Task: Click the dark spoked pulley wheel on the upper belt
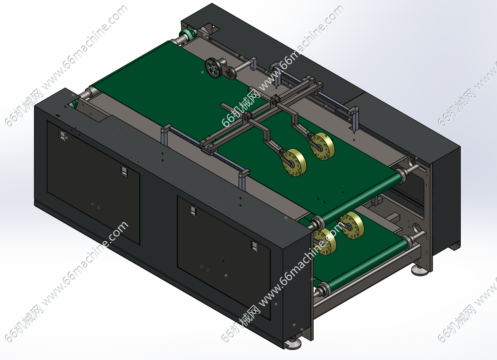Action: [213, 68]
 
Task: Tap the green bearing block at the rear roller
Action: [189, 33]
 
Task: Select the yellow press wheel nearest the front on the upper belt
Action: [294, 162]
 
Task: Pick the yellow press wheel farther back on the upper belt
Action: [322, 146]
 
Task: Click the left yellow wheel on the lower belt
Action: [325, 242]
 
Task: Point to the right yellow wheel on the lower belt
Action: [353, 225]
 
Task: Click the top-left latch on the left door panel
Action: [62, 135]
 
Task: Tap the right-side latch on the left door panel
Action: [124, 171]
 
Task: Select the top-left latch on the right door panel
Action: [193, 210]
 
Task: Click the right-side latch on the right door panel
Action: [255, 246]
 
